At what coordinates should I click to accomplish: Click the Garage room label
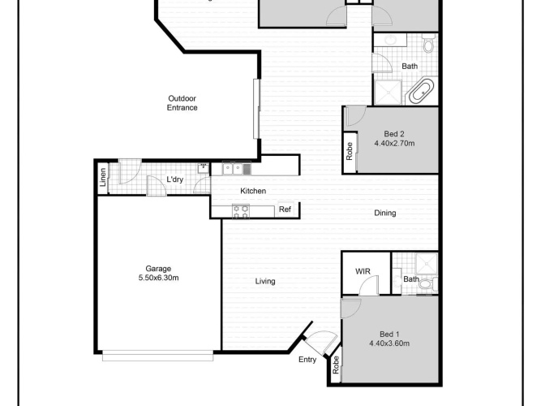(x=158, y=269)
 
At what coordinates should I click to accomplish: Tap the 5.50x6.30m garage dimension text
(x=158, y=278)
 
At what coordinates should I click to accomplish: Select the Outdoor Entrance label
(x=182, y=103)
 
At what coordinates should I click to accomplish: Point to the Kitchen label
(x=253, y=191)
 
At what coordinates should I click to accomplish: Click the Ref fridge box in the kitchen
(x=286, y=209)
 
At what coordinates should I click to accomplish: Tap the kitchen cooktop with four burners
(x=241, y=211)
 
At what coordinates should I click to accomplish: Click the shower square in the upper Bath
(x=389, y=93)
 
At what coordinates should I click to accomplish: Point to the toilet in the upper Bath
(x=428, y=43)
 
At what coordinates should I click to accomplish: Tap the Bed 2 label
(x=394, y=134)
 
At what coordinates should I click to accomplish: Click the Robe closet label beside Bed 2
(x=349, y=151)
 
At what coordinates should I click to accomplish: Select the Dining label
(x=385, y=213)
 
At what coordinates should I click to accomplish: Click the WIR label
(x=363, y=271)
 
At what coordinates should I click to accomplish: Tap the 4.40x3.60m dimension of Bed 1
(x=389, y=343)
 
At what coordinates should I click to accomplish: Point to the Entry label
(x=307, y=360)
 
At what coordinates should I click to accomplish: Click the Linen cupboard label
(x=102, y=177)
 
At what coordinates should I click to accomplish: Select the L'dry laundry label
(x=175, y=179)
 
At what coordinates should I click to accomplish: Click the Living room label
(x=265, y=281)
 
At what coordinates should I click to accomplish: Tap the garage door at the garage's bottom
(x=157, y=356)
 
